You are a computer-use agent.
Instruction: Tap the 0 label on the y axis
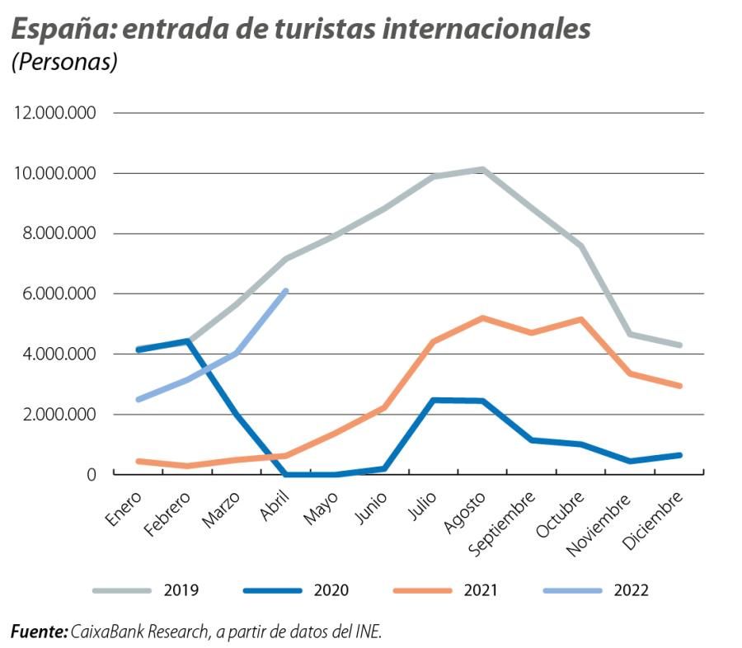[92, 474]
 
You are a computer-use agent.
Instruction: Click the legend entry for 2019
[181, 590]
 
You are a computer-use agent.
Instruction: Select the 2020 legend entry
[331, 590]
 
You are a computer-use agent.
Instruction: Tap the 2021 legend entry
[481, 590]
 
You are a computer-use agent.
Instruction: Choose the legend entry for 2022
[632, 590]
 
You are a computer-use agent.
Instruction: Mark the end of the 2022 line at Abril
[286, 290]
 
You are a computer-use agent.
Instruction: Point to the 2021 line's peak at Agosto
[483, 317]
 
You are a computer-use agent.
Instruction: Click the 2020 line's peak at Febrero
[188, 340]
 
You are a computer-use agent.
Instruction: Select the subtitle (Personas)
[63, 63]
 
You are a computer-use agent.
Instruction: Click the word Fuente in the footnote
[38, 632]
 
